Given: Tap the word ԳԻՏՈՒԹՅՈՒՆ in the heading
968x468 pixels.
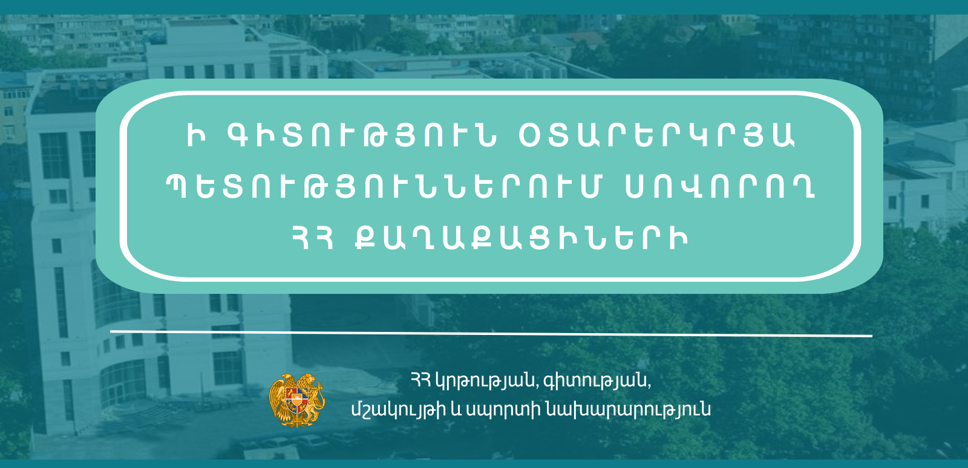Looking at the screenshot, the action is [362, 135].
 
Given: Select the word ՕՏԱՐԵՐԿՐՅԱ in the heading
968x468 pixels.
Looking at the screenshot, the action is [656, 135].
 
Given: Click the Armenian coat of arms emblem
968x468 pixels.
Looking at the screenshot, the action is [296, 400].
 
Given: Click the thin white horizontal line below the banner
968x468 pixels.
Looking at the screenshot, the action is [491, 333].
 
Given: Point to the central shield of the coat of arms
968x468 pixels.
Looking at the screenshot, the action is [297, 400].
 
